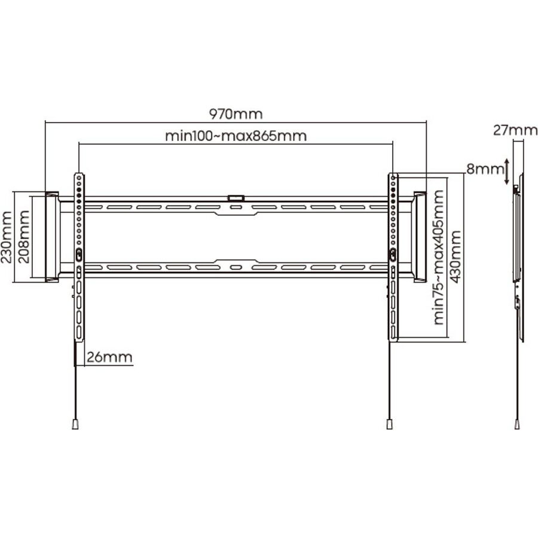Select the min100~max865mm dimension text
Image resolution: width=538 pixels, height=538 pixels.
tap(236, 136)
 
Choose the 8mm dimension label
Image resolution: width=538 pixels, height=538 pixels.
tap(485, 169)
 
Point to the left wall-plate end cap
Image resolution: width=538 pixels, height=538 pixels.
tap(51, 236)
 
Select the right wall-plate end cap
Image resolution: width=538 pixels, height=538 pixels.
tap(420, 236)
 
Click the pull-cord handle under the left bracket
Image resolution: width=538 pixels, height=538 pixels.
tap(75, 424)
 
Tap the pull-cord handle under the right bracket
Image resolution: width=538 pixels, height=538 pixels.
tap(389, 424)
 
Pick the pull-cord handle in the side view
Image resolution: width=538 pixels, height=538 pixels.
tap(517, 424)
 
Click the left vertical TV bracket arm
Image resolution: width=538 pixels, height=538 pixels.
tap(79, 257)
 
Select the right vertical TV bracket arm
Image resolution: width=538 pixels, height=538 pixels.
tap(392, 257)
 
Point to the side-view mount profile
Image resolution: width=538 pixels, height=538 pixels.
tap(519, 257)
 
